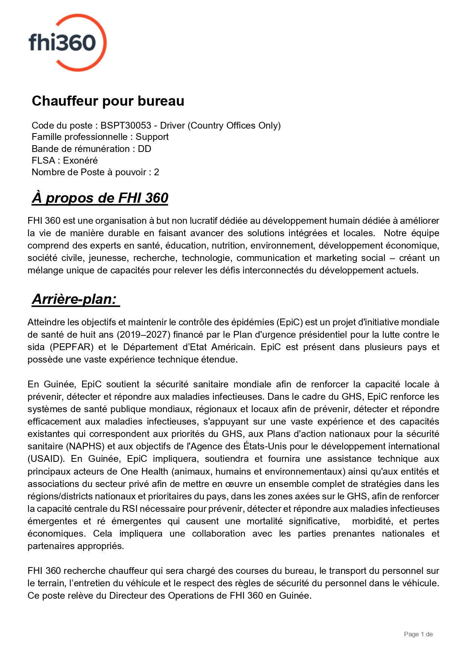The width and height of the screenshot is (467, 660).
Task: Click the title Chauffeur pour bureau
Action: pos(108,101)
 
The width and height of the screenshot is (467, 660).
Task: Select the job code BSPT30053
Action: pos(126,125)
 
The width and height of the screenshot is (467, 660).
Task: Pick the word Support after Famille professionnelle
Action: pos(152,137)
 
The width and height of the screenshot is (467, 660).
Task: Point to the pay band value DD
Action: pos(145,149)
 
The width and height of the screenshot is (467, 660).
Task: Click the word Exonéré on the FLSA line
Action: pos(80,161)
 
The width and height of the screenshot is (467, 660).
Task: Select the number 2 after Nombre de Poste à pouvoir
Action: pos(157,172)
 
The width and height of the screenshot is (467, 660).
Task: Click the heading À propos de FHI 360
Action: pos(100,198)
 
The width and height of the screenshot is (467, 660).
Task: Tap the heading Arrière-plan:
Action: pos(75,299)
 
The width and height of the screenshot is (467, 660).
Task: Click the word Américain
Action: pos(233,347)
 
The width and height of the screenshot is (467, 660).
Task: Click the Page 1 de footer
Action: pos(418,634)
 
